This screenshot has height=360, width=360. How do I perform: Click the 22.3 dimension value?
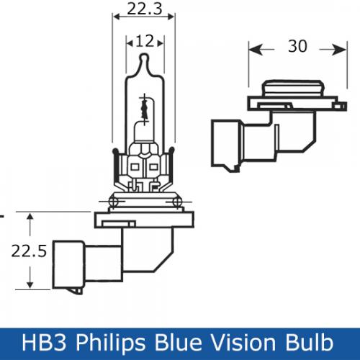click(x=145, y=9)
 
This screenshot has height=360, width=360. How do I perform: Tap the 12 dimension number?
click(x=145, y=41)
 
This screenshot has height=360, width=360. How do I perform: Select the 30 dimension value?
click(x=297, y=46)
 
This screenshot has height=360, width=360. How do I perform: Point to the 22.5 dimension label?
click(x=29, y=251)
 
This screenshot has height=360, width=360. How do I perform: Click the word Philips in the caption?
click(x=111, y=343)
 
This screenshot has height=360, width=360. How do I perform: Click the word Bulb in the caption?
click(x=310, y=342)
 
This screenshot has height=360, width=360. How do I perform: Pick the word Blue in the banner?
click(x=178, y=342)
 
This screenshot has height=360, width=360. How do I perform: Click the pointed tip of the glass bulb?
click(x=145, y=55)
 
